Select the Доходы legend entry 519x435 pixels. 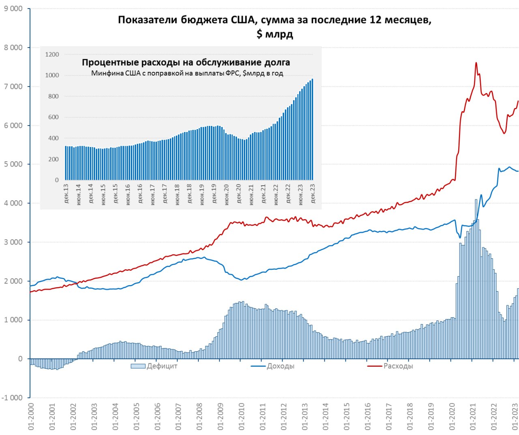(x=273, y=366)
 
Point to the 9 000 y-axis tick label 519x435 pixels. (x=13, y=9)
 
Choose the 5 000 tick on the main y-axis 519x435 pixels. (x=13, y=164)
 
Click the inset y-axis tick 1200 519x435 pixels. (x=52, y=54)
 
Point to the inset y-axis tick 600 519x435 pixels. (x=54, y=117)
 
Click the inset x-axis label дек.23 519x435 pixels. (x=313, y=193)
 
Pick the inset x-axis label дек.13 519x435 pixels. (x=66, y=193)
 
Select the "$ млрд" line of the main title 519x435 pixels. (x=275, y=34)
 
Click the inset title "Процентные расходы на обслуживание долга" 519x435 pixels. (x=186, y=63)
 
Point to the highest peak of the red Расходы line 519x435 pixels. (x=476, y=63)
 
